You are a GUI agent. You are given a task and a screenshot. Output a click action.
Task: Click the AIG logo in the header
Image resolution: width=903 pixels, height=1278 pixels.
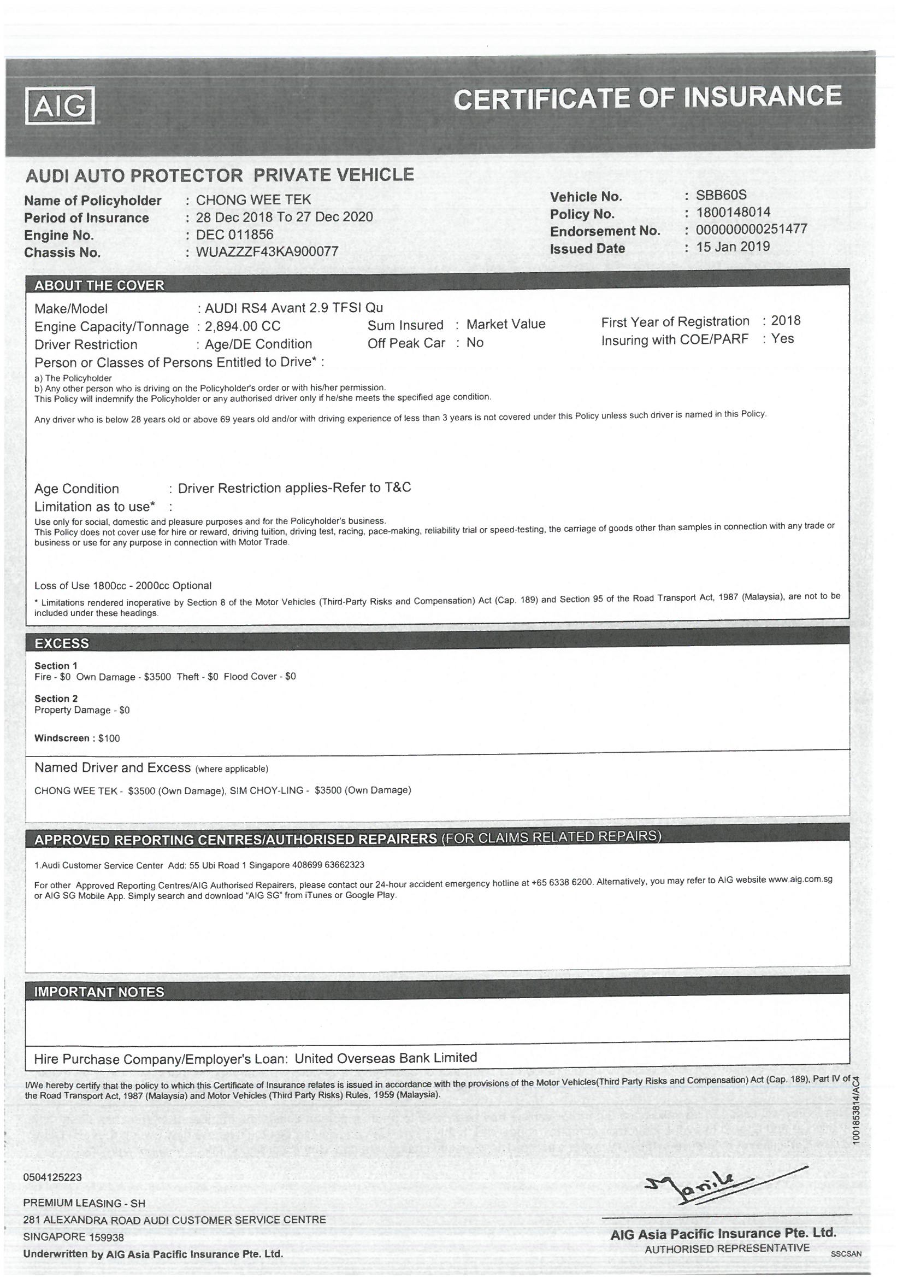coord(60,104)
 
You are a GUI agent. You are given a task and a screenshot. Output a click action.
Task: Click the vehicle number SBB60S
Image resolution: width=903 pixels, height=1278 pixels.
coord(721,195)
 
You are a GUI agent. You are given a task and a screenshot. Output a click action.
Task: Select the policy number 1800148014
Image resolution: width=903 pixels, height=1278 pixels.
coord(733,212)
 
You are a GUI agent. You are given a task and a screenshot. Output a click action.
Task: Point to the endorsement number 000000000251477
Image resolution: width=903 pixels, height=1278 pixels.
coord(751,229)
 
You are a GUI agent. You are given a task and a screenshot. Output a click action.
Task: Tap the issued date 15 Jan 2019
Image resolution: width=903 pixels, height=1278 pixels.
coord(733,247)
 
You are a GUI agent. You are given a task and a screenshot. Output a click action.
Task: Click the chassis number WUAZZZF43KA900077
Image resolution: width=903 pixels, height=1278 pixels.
coord(267,251)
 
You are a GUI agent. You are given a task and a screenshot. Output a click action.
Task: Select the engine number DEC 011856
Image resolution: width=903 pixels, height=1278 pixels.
coord(235,235)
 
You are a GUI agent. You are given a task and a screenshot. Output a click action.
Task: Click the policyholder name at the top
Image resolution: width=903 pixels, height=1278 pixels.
coord(253,200)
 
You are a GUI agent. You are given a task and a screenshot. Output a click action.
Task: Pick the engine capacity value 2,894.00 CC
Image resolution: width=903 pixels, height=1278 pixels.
coord(243,326)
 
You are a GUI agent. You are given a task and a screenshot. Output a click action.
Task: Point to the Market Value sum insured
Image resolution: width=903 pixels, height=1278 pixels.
coord(506,324)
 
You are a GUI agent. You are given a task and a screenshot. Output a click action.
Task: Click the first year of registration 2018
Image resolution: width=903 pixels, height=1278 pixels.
coord(786,320)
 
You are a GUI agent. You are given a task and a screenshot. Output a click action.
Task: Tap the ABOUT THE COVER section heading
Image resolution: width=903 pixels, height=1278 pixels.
coord(99,285)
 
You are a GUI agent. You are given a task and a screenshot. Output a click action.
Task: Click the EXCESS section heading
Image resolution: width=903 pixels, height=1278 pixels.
coord(62,643)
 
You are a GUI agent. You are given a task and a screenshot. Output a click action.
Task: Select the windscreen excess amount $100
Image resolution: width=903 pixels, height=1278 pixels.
coord(109,738)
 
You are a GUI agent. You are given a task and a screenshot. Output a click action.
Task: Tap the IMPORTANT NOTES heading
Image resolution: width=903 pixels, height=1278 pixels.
coord(99,992)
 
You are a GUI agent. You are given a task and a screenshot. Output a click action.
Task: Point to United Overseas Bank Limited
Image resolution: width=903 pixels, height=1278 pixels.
coord(386,1058)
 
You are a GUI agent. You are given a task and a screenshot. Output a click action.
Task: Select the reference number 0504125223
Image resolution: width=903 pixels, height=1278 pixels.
coord(52,1177)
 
